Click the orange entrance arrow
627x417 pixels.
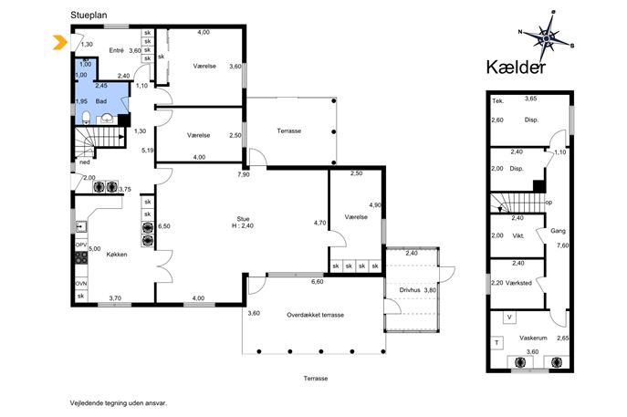click(59, 42)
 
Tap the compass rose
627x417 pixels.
click(547, 38)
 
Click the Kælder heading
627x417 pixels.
click(516, 68)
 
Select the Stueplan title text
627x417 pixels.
click(89, 16)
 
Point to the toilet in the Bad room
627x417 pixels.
click(86, 118)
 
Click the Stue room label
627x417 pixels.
click(243, 219)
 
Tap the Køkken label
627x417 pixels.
click(117, 255)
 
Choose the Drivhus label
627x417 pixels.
click(410, 290)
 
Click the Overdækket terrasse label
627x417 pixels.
click(315, 315)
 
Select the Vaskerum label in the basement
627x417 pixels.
click(533, 338)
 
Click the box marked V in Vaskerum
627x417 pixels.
click(509, 317)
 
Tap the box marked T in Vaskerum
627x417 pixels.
click(497, 343)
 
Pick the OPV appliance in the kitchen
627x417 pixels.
click(81, 245)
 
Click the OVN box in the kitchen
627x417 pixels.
click(81, 284)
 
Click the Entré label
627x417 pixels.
click(116, 51)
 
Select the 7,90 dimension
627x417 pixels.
click(243, 174)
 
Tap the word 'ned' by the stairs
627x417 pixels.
click(85, 162)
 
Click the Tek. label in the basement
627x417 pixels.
click(497, 101)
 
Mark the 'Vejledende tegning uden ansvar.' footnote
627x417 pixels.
click(119, 403)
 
